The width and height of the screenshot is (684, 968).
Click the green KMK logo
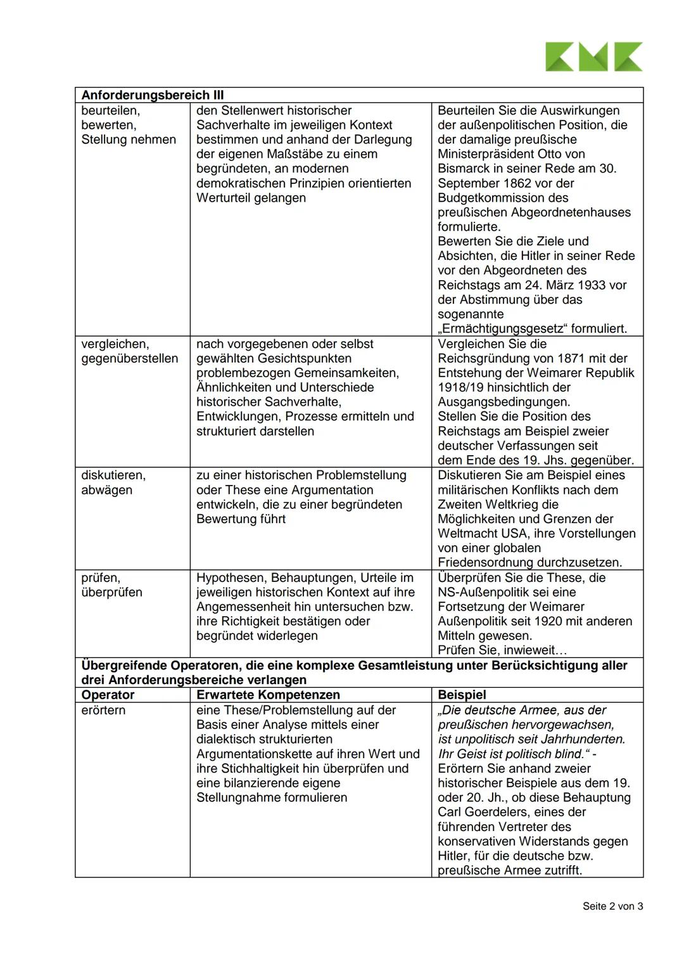coord(593,56)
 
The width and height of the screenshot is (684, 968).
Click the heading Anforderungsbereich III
coord(153,95)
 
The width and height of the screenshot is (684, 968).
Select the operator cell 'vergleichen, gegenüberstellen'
coord(129,351)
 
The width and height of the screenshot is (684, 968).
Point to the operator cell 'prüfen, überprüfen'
coord(111,584)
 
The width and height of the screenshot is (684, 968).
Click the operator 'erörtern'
coord(103,710)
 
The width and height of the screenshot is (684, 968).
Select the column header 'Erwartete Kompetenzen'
coord(268,695)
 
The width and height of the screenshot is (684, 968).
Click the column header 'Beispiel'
coord(462,695)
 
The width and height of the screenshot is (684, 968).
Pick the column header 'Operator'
coord(108,695)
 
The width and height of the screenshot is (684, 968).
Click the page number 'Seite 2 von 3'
coord(612,907)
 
